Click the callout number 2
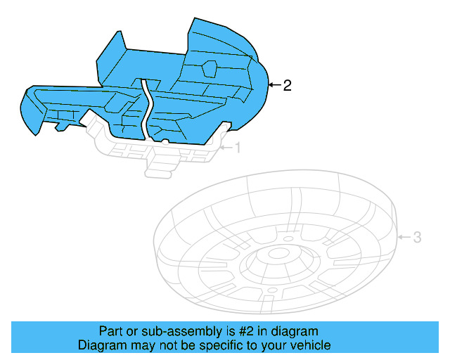click(287, 86)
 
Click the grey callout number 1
click(237, 148)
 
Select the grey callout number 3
click(416, 238)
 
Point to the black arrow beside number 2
click(274, 86)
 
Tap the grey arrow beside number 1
click(225, 148)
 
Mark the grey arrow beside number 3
click(404, 238)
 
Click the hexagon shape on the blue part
click(209, 68)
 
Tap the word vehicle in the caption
click(311, 345)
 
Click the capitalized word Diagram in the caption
click(101, 345)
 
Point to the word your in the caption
click(275, 345)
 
